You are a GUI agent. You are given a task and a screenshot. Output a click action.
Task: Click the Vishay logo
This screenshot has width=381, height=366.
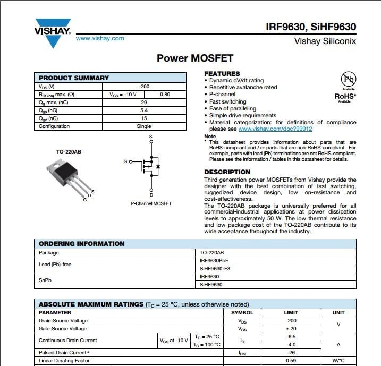(x=52, y=32)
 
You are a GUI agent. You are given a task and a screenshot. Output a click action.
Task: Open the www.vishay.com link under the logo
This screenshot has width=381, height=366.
(x=100, y=38)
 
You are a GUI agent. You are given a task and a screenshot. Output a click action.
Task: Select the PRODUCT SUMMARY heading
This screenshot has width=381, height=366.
(x=74, y=78)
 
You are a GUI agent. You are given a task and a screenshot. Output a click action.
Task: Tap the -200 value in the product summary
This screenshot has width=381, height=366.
(x=143, y=86)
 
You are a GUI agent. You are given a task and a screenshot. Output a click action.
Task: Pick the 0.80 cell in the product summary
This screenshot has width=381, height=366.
(x=165, y=94)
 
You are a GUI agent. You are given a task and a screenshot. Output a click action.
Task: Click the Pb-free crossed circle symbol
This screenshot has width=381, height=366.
(x=348, y=80)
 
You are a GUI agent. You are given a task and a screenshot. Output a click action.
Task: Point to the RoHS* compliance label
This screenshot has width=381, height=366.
(x=345, y=96)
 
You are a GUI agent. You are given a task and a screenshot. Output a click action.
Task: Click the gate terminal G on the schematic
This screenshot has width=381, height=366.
(x=125, y=161)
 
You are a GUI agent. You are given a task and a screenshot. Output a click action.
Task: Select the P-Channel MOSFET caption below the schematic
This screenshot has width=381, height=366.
(x=151, y=203)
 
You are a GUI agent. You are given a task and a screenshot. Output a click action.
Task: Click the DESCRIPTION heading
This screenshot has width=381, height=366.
(x=227, y=172)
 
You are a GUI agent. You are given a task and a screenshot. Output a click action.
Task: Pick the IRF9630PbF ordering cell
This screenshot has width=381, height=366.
(x=216, y=261)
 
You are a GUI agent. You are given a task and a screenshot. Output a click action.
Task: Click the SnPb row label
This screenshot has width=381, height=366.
(x=46, y=280)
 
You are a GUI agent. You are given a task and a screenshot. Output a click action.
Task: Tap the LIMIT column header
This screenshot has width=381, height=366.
(x=291, y=313)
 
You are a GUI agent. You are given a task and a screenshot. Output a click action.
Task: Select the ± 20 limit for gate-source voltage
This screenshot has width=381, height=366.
(x=291, y=329)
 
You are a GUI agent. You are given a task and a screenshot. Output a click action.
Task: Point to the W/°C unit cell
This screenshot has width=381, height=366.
(x=338, y=361)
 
